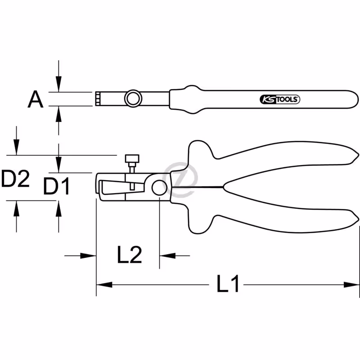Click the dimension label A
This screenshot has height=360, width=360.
pos(36,99)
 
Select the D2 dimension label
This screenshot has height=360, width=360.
pos(15,178)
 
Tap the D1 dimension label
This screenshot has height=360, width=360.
pos(57,187)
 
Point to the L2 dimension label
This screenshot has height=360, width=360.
pos(130,254)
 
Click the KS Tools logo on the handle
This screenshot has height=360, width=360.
pos(280,99)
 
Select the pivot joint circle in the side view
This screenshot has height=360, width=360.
pos(159,188)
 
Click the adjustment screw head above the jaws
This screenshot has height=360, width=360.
pos(132,158)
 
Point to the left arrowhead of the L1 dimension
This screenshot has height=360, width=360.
pos(104,285)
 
